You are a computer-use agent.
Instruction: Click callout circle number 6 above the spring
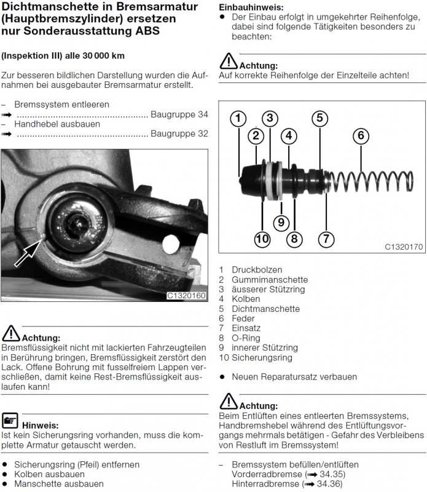coord(361,136)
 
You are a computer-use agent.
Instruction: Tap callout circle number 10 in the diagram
coord(262,239)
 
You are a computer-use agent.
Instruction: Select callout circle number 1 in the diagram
coord(238,119)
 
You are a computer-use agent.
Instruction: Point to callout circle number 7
coord(326,239)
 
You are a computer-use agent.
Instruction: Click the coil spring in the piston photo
coord(371,181)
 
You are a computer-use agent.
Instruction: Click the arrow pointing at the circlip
coord(28,252)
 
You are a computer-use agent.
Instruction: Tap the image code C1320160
coord(186,296)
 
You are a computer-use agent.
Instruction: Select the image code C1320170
coord(404,247)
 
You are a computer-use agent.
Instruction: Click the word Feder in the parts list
coord(243,319)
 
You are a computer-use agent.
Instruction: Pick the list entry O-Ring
coord(246,338)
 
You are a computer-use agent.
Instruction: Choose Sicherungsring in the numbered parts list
coord(262,357)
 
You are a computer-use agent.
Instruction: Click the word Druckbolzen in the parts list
coord(257,269)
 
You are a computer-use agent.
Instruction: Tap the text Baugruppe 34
coord(179,114)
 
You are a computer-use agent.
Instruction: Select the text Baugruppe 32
coord(179,133)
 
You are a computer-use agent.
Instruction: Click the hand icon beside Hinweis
coord(10,421)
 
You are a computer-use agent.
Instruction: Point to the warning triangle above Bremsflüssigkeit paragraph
coord(11,333)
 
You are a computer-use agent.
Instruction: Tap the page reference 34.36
coord(329,484)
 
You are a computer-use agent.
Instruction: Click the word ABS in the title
coord(147,31)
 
